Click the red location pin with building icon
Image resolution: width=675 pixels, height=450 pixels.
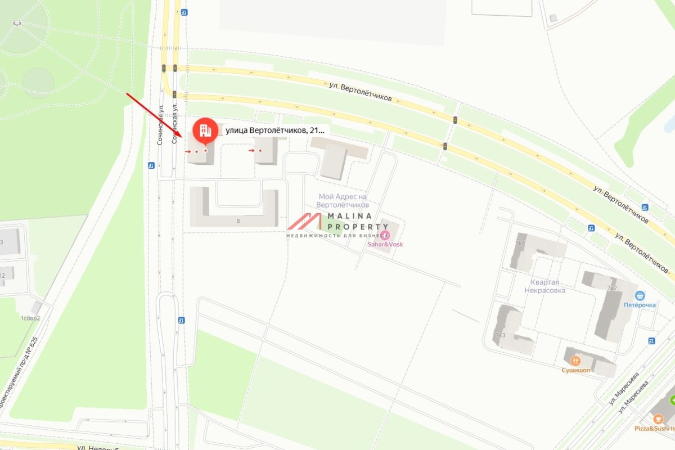pos(205,131)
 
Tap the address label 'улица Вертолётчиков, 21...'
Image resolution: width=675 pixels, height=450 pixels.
pos(274,130)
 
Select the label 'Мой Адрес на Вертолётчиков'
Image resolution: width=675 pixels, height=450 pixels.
pos(343,201)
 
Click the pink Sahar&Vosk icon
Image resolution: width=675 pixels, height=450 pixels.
pos(385,235)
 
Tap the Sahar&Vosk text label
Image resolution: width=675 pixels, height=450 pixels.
pos(385,244)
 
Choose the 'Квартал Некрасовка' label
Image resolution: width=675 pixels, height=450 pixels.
pos(548,286)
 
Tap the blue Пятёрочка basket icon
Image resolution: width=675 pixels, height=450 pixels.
pos(640,295)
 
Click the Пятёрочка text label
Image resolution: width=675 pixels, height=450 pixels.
pos(640,305)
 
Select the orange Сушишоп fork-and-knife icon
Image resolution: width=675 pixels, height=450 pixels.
pos(574,361)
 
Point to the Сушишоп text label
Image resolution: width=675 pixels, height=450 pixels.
pos(574,370)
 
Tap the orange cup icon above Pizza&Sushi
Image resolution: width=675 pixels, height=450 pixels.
pos(657,418)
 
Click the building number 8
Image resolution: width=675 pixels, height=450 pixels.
pos(238,221)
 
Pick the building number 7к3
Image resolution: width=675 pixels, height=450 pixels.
pos(499,335)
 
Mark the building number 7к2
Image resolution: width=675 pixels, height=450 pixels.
pos(612,287)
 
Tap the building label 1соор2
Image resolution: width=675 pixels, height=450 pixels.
pos(30,318)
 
